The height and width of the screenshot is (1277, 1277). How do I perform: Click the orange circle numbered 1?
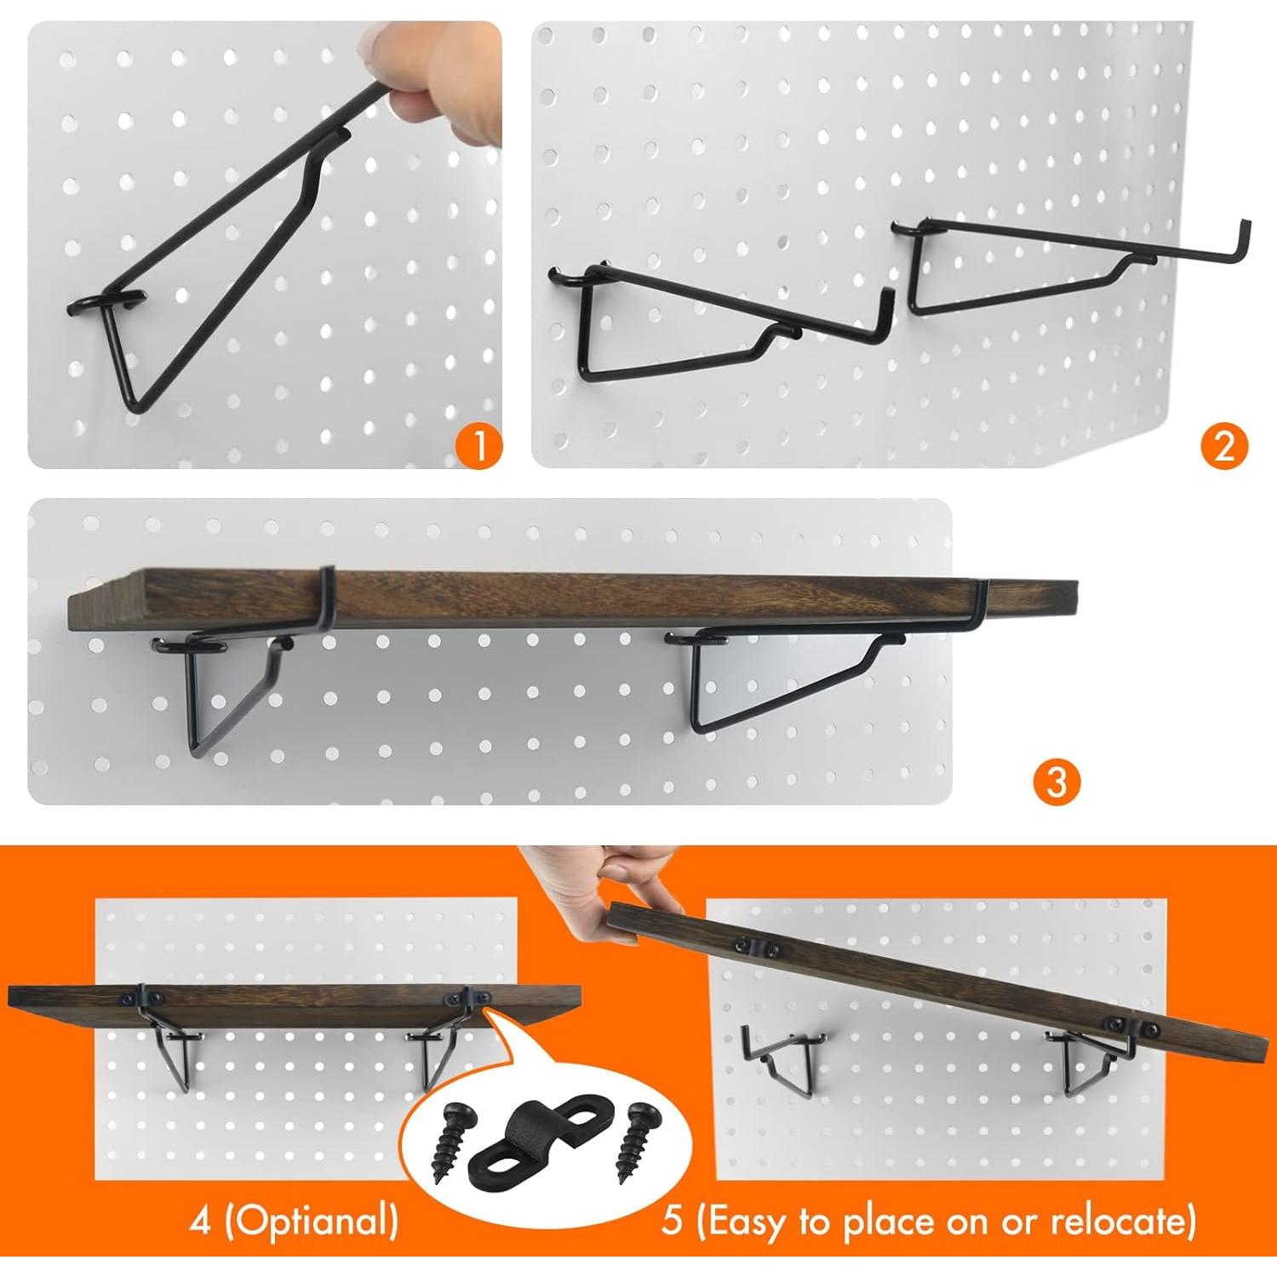tap(479, 444)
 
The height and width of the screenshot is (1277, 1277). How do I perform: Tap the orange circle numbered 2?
tap(1224, 444)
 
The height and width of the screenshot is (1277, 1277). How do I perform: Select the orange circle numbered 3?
tap(1057, 781)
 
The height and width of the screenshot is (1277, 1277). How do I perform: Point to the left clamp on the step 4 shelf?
tap(139, 996)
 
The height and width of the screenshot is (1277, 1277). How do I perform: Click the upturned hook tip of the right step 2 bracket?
tap(1246, 234)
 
